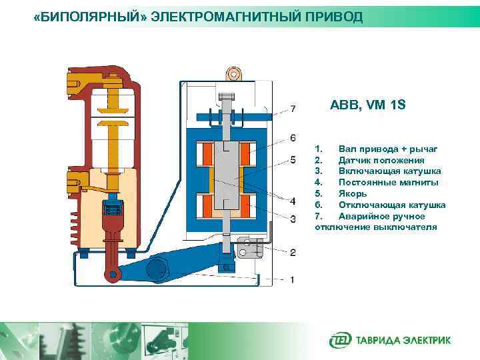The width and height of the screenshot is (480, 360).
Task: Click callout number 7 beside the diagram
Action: pos(293,109)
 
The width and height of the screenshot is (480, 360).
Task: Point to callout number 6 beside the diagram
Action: pos(293,138)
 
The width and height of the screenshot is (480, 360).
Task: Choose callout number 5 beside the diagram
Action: pos(293,160)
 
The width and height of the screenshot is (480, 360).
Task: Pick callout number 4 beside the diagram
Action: pos(293,201)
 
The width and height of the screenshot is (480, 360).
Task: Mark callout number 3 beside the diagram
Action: pos(293,219)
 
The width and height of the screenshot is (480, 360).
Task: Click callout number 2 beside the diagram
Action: pos(293,252)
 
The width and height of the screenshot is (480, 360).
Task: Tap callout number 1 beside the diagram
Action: pos(293,279)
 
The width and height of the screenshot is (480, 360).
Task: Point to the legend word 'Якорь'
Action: pos(352,193)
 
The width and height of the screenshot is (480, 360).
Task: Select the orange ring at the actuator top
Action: pos(233,73)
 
